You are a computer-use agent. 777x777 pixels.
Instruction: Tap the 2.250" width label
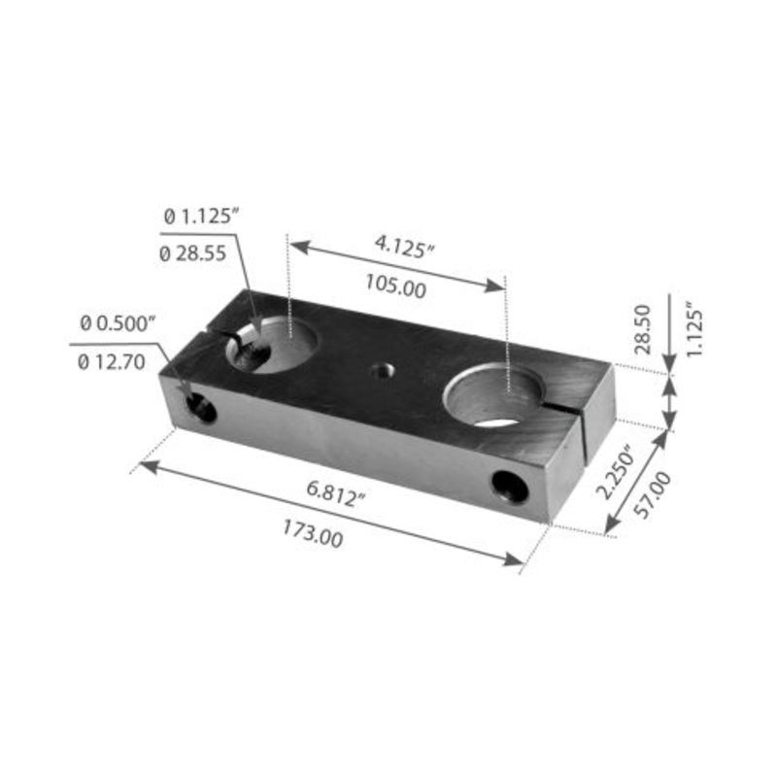[615, 471]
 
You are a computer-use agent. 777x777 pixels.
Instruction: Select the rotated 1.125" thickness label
[693, 331]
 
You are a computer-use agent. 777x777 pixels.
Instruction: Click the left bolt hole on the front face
[201, 409]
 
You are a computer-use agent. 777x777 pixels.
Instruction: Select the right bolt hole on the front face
[510, 486]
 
